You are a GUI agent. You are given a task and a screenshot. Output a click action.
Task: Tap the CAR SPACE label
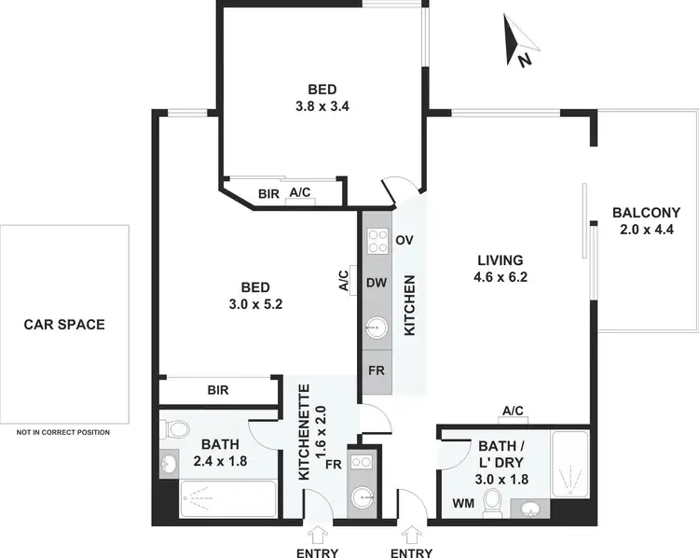(64, 325)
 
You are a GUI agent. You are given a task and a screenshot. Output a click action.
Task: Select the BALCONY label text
(646, 212)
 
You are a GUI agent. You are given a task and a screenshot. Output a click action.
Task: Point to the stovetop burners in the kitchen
(377, 241)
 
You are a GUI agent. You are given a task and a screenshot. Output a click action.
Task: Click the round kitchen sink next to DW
(377, 328)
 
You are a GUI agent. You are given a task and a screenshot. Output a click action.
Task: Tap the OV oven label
(404, 240)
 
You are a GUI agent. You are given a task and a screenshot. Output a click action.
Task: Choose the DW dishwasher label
(377, 283)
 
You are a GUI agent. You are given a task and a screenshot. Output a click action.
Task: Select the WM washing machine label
(463, 503)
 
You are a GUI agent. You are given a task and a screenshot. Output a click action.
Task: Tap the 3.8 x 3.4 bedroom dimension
(316, 105)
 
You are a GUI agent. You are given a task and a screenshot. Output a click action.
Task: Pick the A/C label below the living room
(513, 411)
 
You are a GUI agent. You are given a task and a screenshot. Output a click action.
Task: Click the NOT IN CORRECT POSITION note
(63, 432)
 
